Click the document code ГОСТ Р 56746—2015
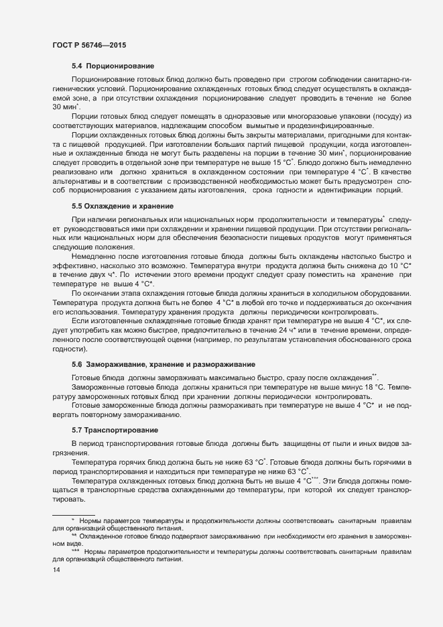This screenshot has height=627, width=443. [x=88, y=45]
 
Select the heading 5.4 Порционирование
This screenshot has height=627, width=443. [x=113, y=66]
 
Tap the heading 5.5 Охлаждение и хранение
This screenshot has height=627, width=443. [x=123, y=206]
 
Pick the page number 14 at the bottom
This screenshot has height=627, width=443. [x=56, y=570]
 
